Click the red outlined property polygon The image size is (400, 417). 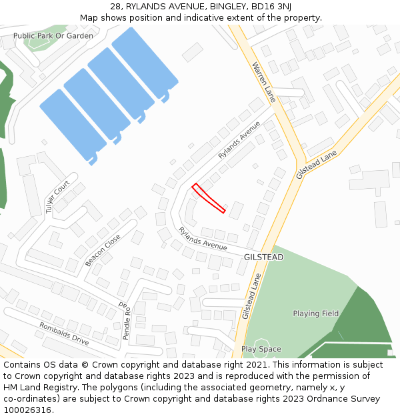(209, 198)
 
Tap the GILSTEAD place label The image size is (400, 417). (263, 257)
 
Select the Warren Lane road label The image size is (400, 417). (264, 82)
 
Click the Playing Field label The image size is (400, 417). (315, 314)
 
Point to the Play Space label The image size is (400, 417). (261, 349)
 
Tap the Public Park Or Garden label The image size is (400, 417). (53, 36)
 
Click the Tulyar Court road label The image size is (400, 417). (57, 197)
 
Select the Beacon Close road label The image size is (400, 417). (103, 250)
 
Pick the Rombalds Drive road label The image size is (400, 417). (63, 334)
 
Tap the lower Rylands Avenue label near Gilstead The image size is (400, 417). (203, 239)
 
